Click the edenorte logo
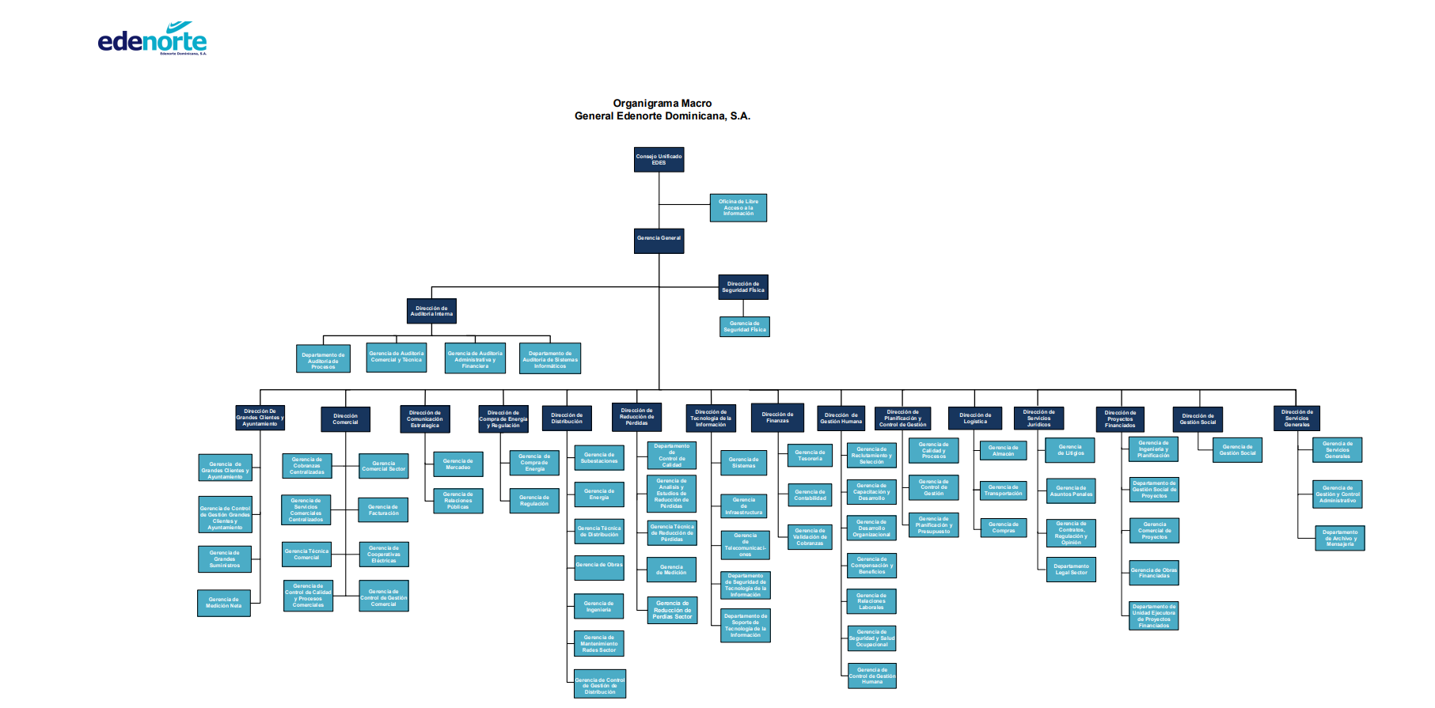pos(152,40)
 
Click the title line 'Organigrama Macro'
pos(662,104)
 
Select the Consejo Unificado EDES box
pos(659,160)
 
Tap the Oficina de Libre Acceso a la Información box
pos(738,208)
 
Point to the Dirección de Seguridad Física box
pos(743,287)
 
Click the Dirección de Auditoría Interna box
pos(431,311)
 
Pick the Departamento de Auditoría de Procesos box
pos(323,360)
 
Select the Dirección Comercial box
pos(345,418)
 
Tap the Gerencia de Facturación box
pos(384,510)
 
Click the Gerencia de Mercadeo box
pos(457,464)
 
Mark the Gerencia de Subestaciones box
pos(599,458)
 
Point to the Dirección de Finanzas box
pos(777,418)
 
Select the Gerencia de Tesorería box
pos(810,456)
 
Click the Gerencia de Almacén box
pos(1003,451)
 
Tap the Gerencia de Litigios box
pos(1070,450)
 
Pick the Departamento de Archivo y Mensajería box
pos(1339,538)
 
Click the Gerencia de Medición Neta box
pos(224,603)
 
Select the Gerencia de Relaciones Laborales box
pos(871,602)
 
